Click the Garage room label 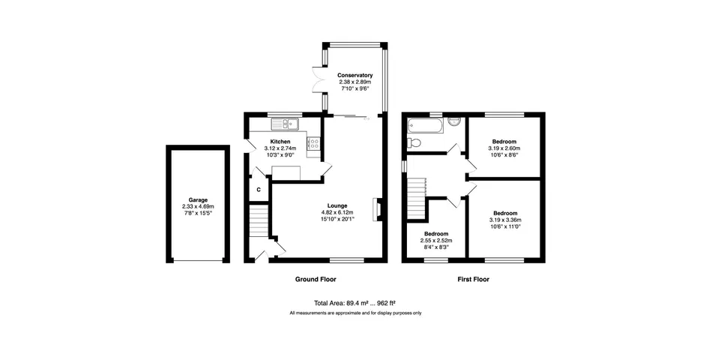[x=198, y=199]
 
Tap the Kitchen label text [x=280, y=142]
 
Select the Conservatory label [x=355, y=76]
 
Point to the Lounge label [x=337, y=205]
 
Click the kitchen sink [x=285, y=124]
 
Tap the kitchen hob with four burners [x=314, y=144]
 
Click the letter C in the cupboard [x=259, y=190]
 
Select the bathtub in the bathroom [x=425, y=125]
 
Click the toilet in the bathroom [x=414, y=142]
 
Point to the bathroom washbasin [x=454, y=121]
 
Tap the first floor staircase [x=417, y=198]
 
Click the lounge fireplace [x=376, y=209]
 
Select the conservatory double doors [x=318, y=81]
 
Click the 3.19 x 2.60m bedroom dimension [x=504, y=148]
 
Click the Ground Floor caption [x=316, y=279]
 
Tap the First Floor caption [x=473, y=279]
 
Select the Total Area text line [x=357, y=303]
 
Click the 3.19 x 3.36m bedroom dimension [x=505, y=220]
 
